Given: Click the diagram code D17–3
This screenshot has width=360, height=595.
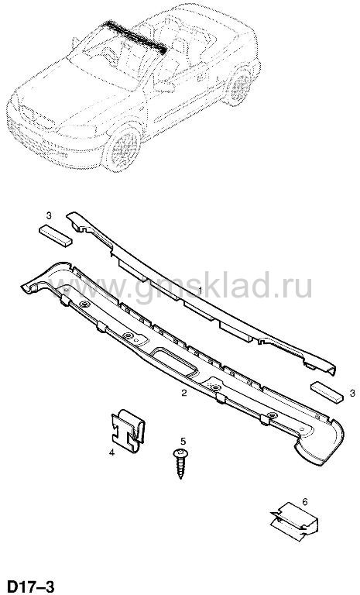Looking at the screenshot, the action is pyautogui.click(x=31, y=586).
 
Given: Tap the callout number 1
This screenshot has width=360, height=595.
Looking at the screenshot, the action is pyautogui.click(x=201, y=291).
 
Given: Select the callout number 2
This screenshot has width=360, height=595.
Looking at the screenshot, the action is pyautogui.click(x=184, y=393).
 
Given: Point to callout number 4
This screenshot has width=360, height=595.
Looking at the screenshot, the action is pyautogui.click(x=111, y=452).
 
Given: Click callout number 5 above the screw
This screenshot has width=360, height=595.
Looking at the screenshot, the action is pyautogui.click(x=183, y=441).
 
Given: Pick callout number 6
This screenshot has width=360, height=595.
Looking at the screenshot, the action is pyautogui.click(x=304, y=502).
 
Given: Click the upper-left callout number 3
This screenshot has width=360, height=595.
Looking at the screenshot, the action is pyautogui.click(x=49, y=216).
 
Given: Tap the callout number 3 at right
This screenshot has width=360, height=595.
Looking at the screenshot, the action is pyautogui.click(x=352, y=393).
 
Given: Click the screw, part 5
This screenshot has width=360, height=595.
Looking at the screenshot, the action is pyautogui.click(x=180, y=464).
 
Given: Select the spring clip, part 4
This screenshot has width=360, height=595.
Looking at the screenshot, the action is pyautogui.click(x=128, y=432).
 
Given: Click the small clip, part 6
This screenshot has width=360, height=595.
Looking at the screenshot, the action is pyautogui.click(x=294, y=521).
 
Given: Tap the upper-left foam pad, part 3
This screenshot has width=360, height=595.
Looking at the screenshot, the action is pyautogui.click(x=56, y=236).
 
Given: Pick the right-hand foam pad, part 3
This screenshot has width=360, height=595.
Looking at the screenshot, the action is pyautogui.click(x=327, y=392).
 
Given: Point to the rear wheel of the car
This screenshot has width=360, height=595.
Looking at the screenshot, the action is pyautogui.click(x=240, y=87).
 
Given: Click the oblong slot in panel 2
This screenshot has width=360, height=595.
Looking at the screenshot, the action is pyautogui.click(x=175, y=361).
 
